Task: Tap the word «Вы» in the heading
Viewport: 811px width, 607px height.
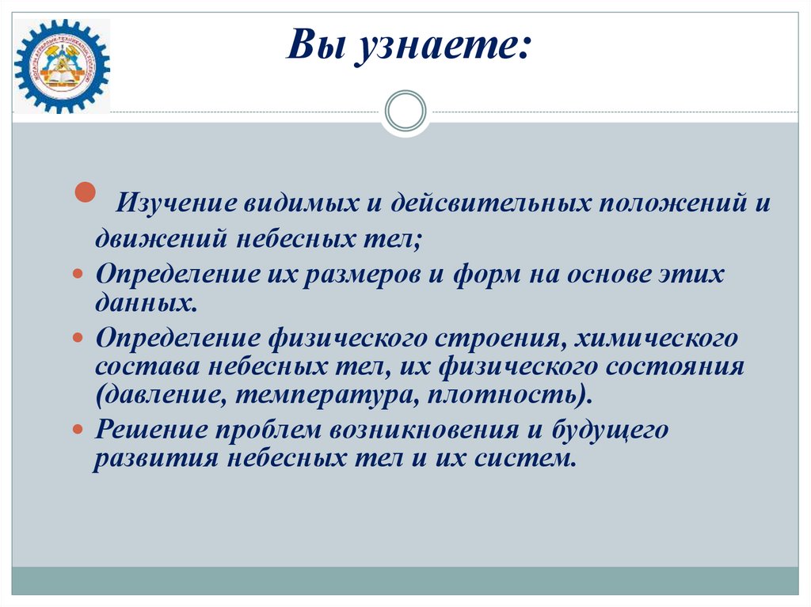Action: [x=315, y=45]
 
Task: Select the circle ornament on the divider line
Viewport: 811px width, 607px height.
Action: [x=405, y=111]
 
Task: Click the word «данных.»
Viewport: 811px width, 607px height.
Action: [x=146, y=302]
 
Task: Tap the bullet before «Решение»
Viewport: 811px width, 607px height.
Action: [x=78, y=428]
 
